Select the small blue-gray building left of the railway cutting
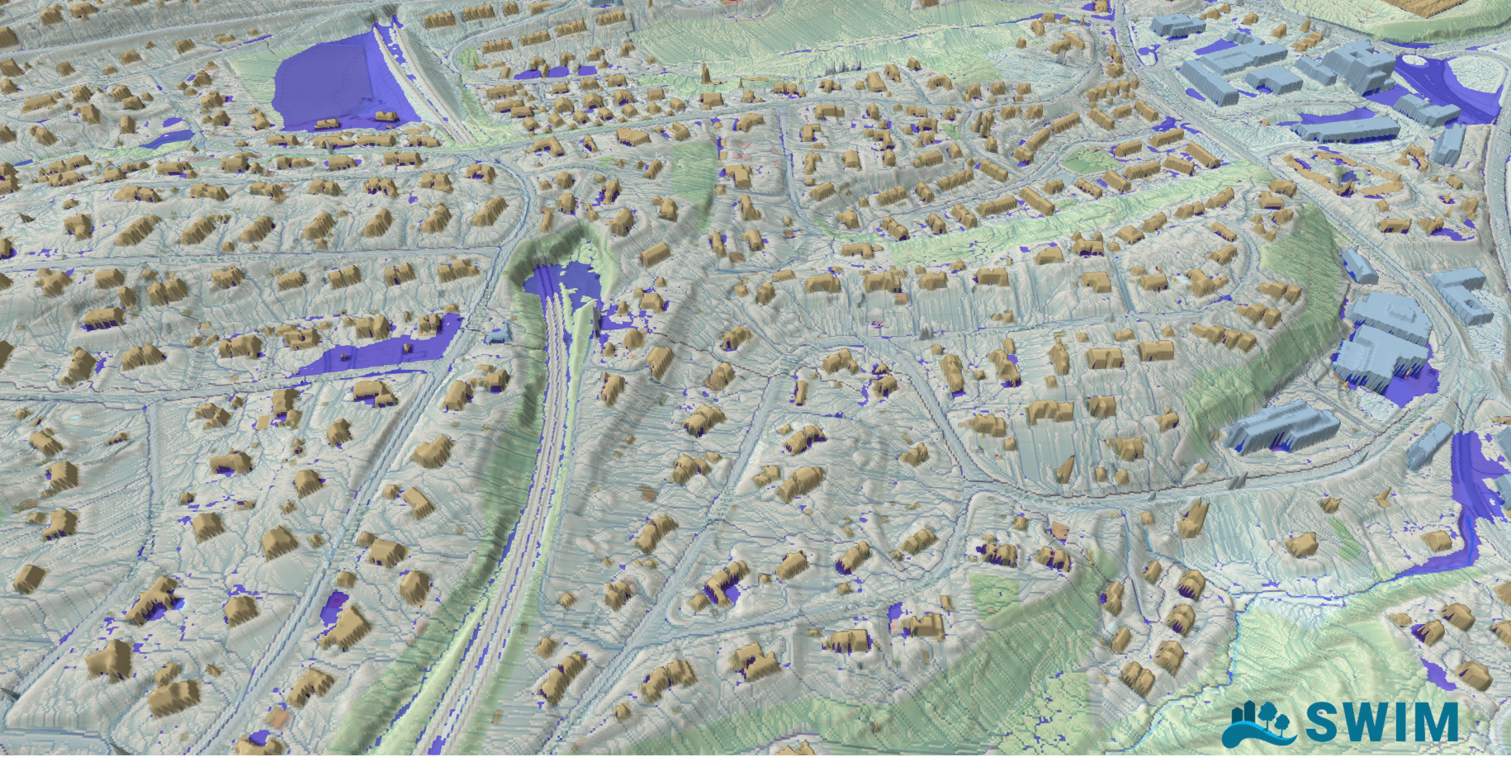click(496, 334)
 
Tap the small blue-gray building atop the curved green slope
click(1358, 266)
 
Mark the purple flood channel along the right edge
click(1470, 495)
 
